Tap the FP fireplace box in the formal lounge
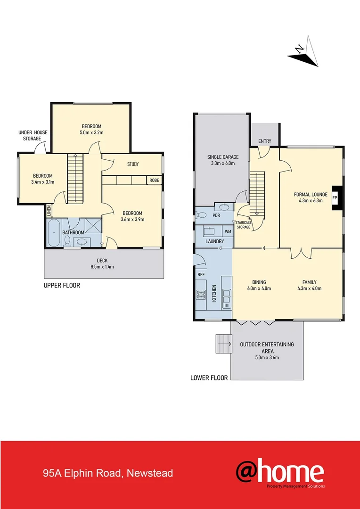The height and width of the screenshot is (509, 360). (335, 197)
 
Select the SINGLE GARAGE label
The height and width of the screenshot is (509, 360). (223, 157)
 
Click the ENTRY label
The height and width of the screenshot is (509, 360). (265, 141)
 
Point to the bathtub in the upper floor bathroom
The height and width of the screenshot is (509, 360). (54, 232)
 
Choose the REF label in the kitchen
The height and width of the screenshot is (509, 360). (201, 274)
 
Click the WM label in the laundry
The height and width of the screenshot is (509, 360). (228, 231)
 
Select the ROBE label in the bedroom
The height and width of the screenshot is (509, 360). (154, 180)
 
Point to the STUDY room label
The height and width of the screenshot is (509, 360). (133, 164)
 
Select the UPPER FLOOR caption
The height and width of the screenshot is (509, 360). (62, 285)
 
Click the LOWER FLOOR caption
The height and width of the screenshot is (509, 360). (209, 378)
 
